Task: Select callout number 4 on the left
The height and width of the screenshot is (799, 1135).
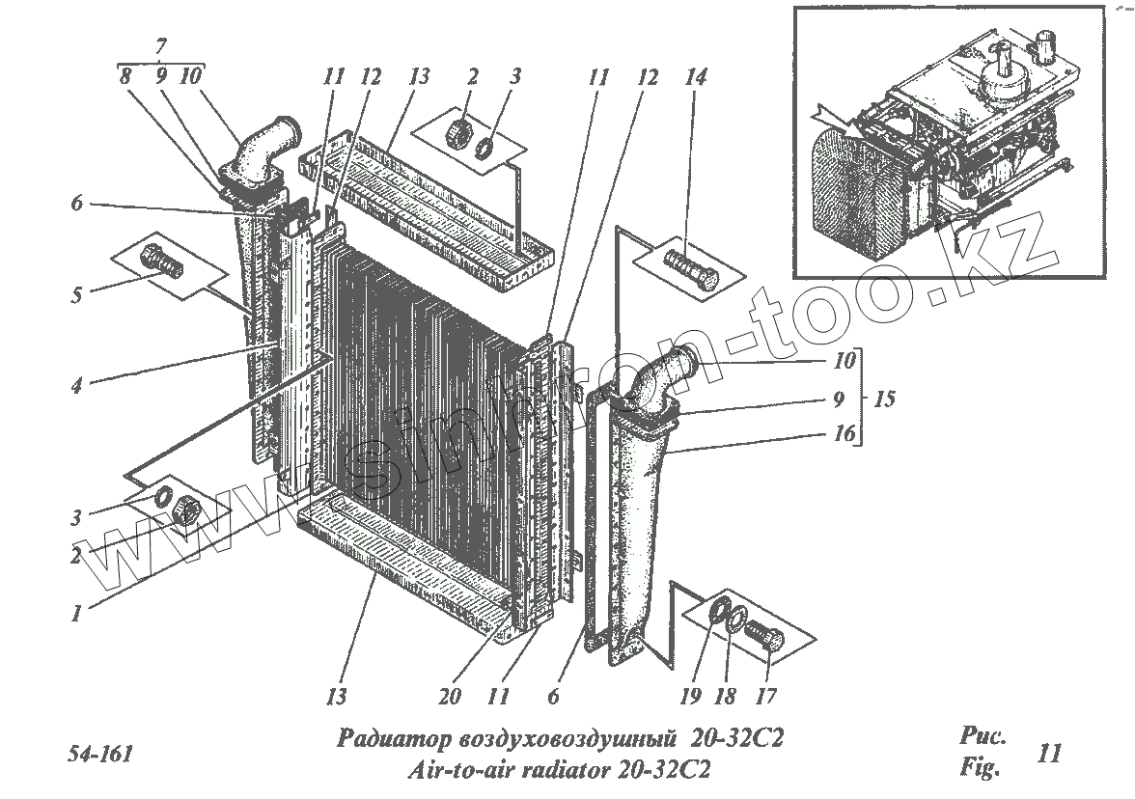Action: click(75, 385)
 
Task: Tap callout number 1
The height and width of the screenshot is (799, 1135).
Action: click(75, 613)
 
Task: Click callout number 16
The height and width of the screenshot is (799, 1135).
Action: click(844, 434)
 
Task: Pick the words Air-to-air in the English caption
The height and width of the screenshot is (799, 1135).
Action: click(454, 770)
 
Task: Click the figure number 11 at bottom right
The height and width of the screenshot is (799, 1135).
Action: click(1050, 752)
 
